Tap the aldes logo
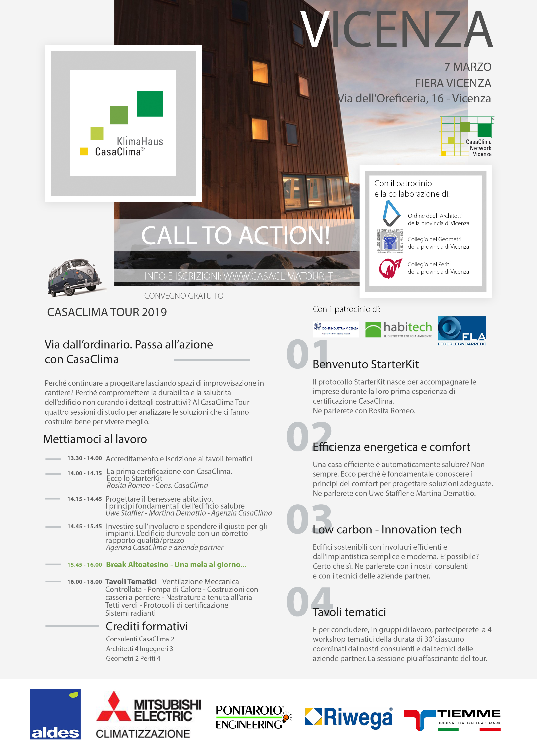click(x=55, y=714)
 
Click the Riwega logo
click(x=349, y=717)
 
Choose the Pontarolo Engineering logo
click(x=253, y=717)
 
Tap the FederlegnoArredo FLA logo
click(x=462, y=331)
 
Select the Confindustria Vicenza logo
click(x=336, y=329)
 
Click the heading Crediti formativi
click(x=147, y=626)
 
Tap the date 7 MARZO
click(x=468, y=67)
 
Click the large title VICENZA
click(x=397, y=30)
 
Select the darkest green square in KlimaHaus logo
click(x=150, y=104)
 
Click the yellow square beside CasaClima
click(x=84, y=151)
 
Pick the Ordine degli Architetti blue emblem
click(x=391, y=213)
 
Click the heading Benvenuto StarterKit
click(x=366, y=364)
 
